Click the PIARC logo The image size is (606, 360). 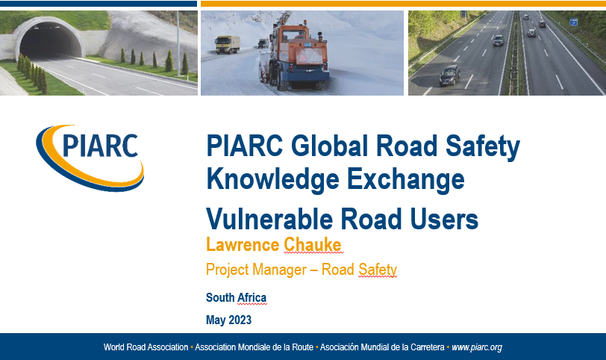[90, 158]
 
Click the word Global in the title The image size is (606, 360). [329, 146]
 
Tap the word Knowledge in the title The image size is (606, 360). [273, 180]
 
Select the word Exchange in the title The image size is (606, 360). [405, 180]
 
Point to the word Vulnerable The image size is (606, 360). [269, 219]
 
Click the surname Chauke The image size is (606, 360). [312, 245]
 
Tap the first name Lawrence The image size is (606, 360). [243, 245]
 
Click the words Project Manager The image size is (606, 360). [256, 270]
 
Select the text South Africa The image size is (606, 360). [236, 297]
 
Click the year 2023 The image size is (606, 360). [240, 320]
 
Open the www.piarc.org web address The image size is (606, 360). [477, 347]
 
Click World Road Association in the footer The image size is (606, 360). [146, 347]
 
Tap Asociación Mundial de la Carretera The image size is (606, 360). [382, 347]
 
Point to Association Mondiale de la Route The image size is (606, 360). [254, 347]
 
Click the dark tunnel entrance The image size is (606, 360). [50, 41]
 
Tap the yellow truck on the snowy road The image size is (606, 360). [227, 45]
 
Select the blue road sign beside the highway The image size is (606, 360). [573, 22]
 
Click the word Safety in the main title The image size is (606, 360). [483, 147]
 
